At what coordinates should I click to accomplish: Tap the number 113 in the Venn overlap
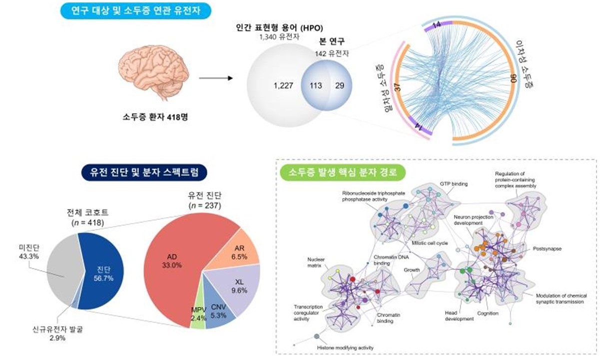[x=315, y=85]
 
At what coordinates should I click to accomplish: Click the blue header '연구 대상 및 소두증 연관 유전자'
[x=131, y=10]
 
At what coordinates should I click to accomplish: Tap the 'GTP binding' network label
[x=454, y=184]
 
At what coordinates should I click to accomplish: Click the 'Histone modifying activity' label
[x=345, y=348]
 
